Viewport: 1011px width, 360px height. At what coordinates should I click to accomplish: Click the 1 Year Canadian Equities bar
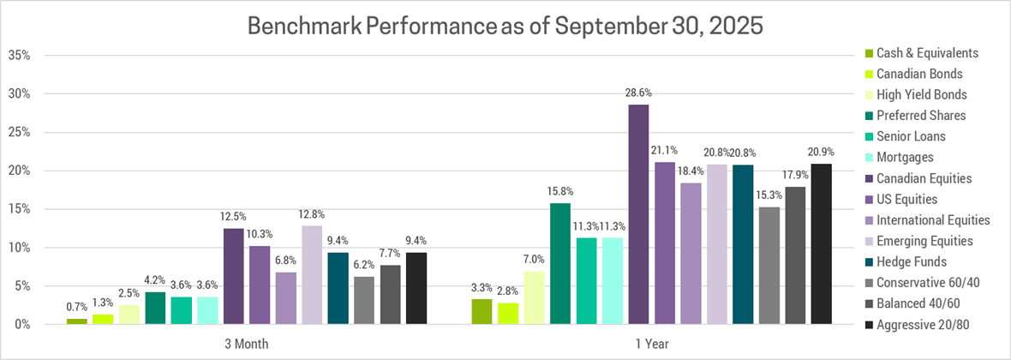coord(638,214)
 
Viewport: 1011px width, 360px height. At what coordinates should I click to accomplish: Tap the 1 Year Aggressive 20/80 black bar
coord(822,243)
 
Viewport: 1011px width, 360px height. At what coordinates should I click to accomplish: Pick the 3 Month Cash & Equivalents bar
coord(77,321)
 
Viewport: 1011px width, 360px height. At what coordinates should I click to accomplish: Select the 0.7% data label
coord(77,305)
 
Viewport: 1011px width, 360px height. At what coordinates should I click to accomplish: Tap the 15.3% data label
coord(769,193)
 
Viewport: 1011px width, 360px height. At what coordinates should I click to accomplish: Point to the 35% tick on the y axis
coord(20,56)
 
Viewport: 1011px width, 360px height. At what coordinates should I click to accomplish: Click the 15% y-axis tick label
coord(20,209)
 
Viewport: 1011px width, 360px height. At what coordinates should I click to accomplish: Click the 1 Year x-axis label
coord(651,344)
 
